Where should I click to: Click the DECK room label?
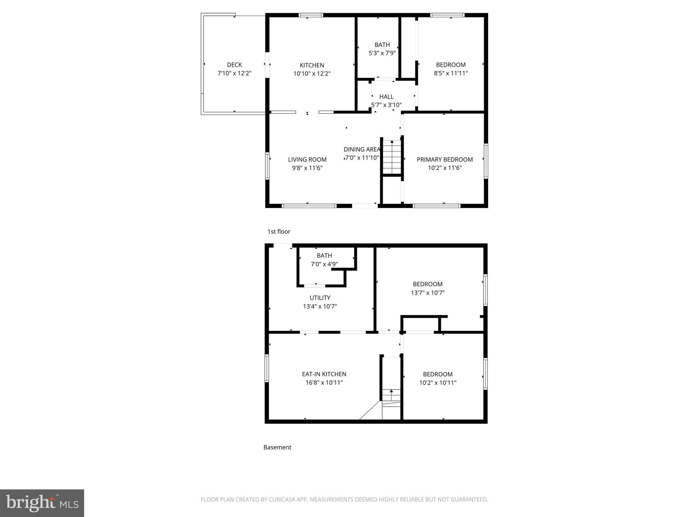pyautogui.click(x=234, y=65)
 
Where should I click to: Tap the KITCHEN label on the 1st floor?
pyautogui.click(x=312, y=65)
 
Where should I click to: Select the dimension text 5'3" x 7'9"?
pyautogui.click(x=382, y=53)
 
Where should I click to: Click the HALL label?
pyautogui.click(x=386, y=97)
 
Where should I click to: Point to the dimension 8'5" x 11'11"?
pyautogui.click(x=451, y=73)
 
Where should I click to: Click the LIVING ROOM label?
pyautogui.click(x=307, y=160)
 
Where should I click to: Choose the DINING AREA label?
pyautogui.click(x=362, y=149)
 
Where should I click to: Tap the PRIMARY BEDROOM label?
pyautogui.click(x=445, y=160)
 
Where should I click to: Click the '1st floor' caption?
pyautogui.click(x=279, y=232)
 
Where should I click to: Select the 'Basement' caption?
pyautogui.click(x=277, y=447)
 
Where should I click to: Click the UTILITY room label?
pyautogui.click(x=320, y=298)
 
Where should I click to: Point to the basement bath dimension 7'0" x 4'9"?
pyautogui.click(x=324, y=264)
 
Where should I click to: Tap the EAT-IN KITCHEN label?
pyautogui.click(x=324, y=374)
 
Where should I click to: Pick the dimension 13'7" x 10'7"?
pyautogui.click(x=428, y=293)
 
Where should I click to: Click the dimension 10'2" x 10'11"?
pyautogui.click(x=438, y=383)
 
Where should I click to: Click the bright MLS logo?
pyautogui.click(x=42, y=503)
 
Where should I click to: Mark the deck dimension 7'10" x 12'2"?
pyautogui.click(x=234, y=73)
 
